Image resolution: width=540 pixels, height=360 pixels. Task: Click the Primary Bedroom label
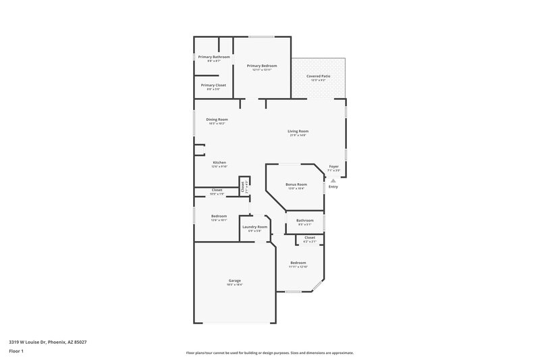click(262, 66)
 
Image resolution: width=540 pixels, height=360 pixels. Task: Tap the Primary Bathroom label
click(214, 57)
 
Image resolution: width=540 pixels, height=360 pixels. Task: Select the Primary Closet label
click(214, 85)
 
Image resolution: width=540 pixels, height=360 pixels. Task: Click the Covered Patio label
click(319, 76)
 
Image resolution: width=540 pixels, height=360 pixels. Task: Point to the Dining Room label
click(217, 120)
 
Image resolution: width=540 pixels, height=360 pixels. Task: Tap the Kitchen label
click(219, 163)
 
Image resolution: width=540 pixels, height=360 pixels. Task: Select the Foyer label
click(333, 166)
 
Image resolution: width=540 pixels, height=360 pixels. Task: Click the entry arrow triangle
click(333, 180)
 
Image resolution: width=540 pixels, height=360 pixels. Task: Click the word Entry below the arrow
click(333, 187)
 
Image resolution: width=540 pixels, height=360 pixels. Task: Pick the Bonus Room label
click(296, 184)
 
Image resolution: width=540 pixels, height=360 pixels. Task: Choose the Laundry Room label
click(254, 227)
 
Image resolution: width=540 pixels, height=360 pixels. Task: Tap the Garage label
click(234, 280)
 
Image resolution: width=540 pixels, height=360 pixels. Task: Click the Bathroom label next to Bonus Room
click(304, 220)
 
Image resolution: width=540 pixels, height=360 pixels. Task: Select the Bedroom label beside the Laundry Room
click(219, 216)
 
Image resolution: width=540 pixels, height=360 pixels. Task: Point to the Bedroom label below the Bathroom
click(298, 263)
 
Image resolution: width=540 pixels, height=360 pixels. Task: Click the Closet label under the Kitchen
click(217, 190)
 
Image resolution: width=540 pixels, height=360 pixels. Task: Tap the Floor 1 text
click(16, 352)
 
